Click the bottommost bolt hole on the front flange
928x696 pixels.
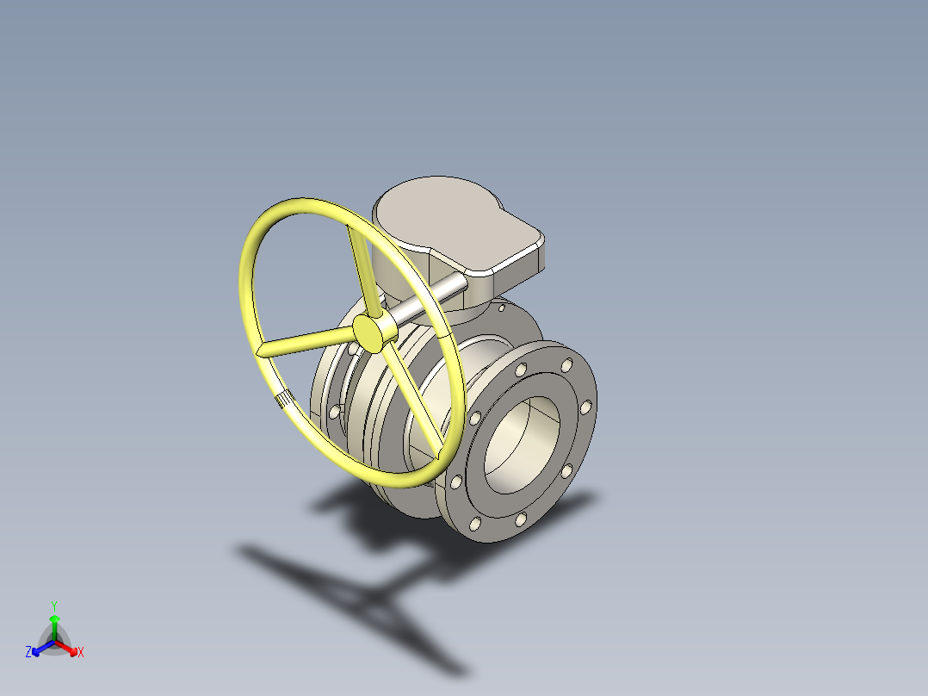coord(475,523)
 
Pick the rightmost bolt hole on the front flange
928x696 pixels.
coord(585,406)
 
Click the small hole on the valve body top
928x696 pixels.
coord(502,306)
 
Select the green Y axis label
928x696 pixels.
coord(53,606)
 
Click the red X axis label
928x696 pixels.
coord(81,652)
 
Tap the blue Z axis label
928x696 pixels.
coord(28,652)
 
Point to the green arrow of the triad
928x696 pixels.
coord(54,624)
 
